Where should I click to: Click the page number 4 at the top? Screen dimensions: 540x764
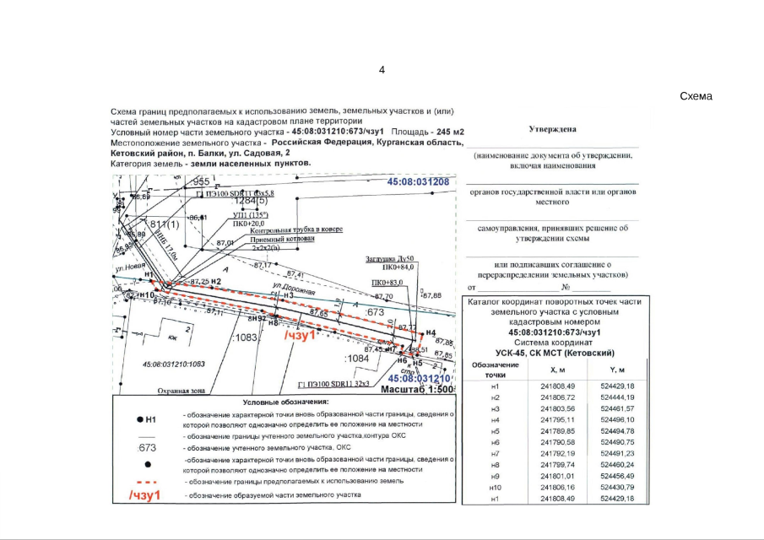pos(382,69)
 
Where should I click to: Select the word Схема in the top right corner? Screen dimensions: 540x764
pos(696,96)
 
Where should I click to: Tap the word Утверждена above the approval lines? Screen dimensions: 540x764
pos(553,130)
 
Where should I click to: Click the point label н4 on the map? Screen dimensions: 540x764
pos(431,333)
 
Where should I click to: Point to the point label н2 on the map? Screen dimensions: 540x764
pos(216,281)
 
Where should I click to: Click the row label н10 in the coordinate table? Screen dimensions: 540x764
pos(495,488)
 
